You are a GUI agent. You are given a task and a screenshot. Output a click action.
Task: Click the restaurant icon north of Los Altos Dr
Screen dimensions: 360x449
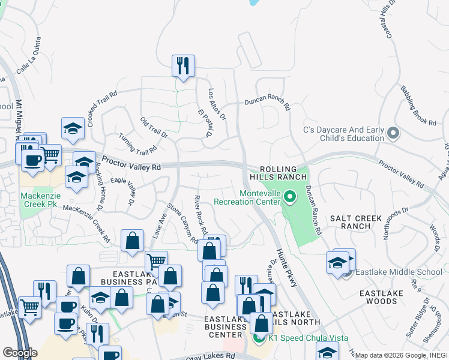point(183,66)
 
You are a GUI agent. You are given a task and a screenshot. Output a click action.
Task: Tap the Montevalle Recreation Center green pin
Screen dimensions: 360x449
point(289,197)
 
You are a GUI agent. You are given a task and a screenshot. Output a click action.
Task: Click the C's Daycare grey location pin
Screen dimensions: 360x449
point(393,133)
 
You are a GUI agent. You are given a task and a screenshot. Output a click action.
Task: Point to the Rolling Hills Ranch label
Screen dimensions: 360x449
point(283,173)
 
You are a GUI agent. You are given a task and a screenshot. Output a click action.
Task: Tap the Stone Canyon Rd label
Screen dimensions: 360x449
point(182,223)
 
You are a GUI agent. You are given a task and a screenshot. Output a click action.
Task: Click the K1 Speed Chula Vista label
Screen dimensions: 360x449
point(308,338)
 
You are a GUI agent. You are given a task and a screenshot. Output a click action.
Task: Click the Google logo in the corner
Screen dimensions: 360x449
point(20,353)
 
